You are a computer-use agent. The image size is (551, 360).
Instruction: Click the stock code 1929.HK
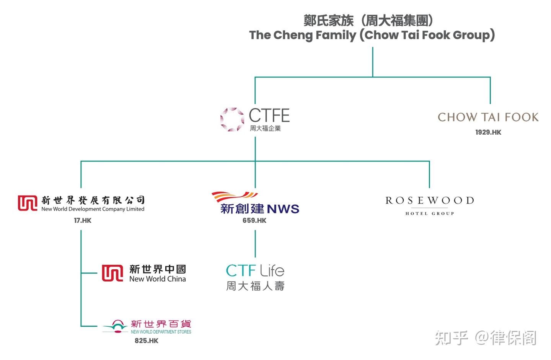pyautogui.click(x=488, y=132)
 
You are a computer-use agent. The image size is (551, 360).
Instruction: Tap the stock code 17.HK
pyautogui.click(x=83, y=220)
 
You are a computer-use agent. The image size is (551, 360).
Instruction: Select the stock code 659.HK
pyautogui.click(x=254, y=220)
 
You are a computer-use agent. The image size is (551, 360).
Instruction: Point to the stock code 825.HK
pyautogui.click(x=146, y=340)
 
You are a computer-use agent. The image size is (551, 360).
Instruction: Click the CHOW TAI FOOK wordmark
pyautogui.click(x=488, y=117)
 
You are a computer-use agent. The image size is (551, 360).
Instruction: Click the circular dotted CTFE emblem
pyautogui.click(x=232, y=119)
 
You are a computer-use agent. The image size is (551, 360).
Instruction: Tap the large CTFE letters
pyautogui.click(x=269, y=116)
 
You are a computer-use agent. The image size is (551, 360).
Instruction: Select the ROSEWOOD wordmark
pyautogui.click(x=429, y=200)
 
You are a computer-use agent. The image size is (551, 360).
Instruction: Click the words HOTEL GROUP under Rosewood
pyautogui.click(x=429, y=213)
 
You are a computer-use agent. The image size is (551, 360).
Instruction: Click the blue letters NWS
pyautogui.click(x=283, y=209)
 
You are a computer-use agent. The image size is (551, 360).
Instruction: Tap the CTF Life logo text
pyautogui.click(x=255, y=270)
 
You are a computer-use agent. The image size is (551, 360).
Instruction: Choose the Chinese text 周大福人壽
pyautogui.click(x=255, y=286)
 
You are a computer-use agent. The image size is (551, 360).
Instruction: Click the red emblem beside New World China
pyautogui.click(x=112, y=273)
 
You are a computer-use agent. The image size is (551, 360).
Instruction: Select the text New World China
pyautogui.click(x=157, y=279)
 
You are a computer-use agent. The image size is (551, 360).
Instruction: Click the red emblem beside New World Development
pyautogui.click(x=28, y=203)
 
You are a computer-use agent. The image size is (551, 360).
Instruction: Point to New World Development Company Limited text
pyautogui.click(x=93, y=209)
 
